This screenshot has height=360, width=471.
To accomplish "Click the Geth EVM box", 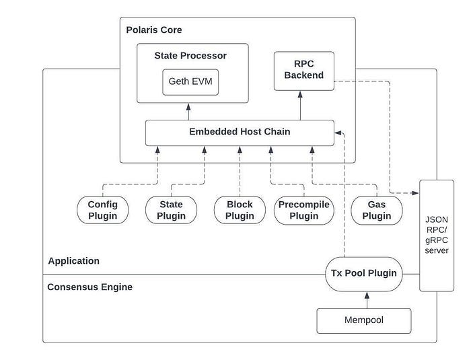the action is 190,82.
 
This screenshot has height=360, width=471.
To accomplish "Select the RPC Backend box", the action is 304,71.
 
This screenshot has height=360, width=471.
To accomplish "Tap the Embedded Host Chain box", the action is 240,133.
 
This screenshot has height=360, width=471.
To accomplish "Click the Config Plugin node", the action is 103,210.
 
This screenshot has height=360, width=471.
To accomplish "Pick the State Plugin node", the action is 171,210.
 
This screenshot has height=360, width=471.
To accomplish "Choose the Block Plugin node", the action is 240,210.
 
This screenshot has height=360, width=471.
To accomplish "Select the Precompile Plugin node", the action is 304,210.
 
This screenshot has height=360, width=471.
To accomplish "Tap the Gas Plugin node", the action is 377,210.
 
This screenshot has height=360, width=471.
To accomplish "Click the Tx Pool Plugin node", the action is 364,274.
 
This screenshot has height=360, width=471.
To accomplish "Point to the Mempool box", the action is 364,320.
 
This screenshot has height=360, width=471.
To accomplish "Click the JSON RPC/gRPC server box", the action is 437,236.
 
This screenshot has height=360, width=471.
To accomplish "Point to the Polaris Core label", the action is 154,30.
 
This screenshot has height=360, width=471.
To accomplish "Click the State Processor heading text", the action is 190,56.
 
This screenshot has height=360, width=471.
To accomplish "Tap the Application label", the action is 74,261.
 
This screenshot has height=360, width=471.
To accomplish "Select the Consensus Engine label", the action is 89,287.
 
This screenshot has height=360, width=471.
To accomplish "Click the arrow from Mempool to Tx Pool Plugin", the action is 367,300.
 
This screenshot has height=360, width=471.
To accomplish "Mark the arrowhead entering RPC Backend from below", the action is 300,94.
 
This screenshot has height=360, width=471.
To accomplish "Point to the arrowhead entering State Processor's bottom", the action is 188,107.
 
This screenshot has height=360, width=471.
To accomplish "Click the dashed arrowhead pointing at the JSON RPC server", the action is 415,193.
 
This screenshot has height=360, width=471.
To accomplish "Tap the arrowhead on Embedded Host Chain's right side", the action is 338,133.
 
